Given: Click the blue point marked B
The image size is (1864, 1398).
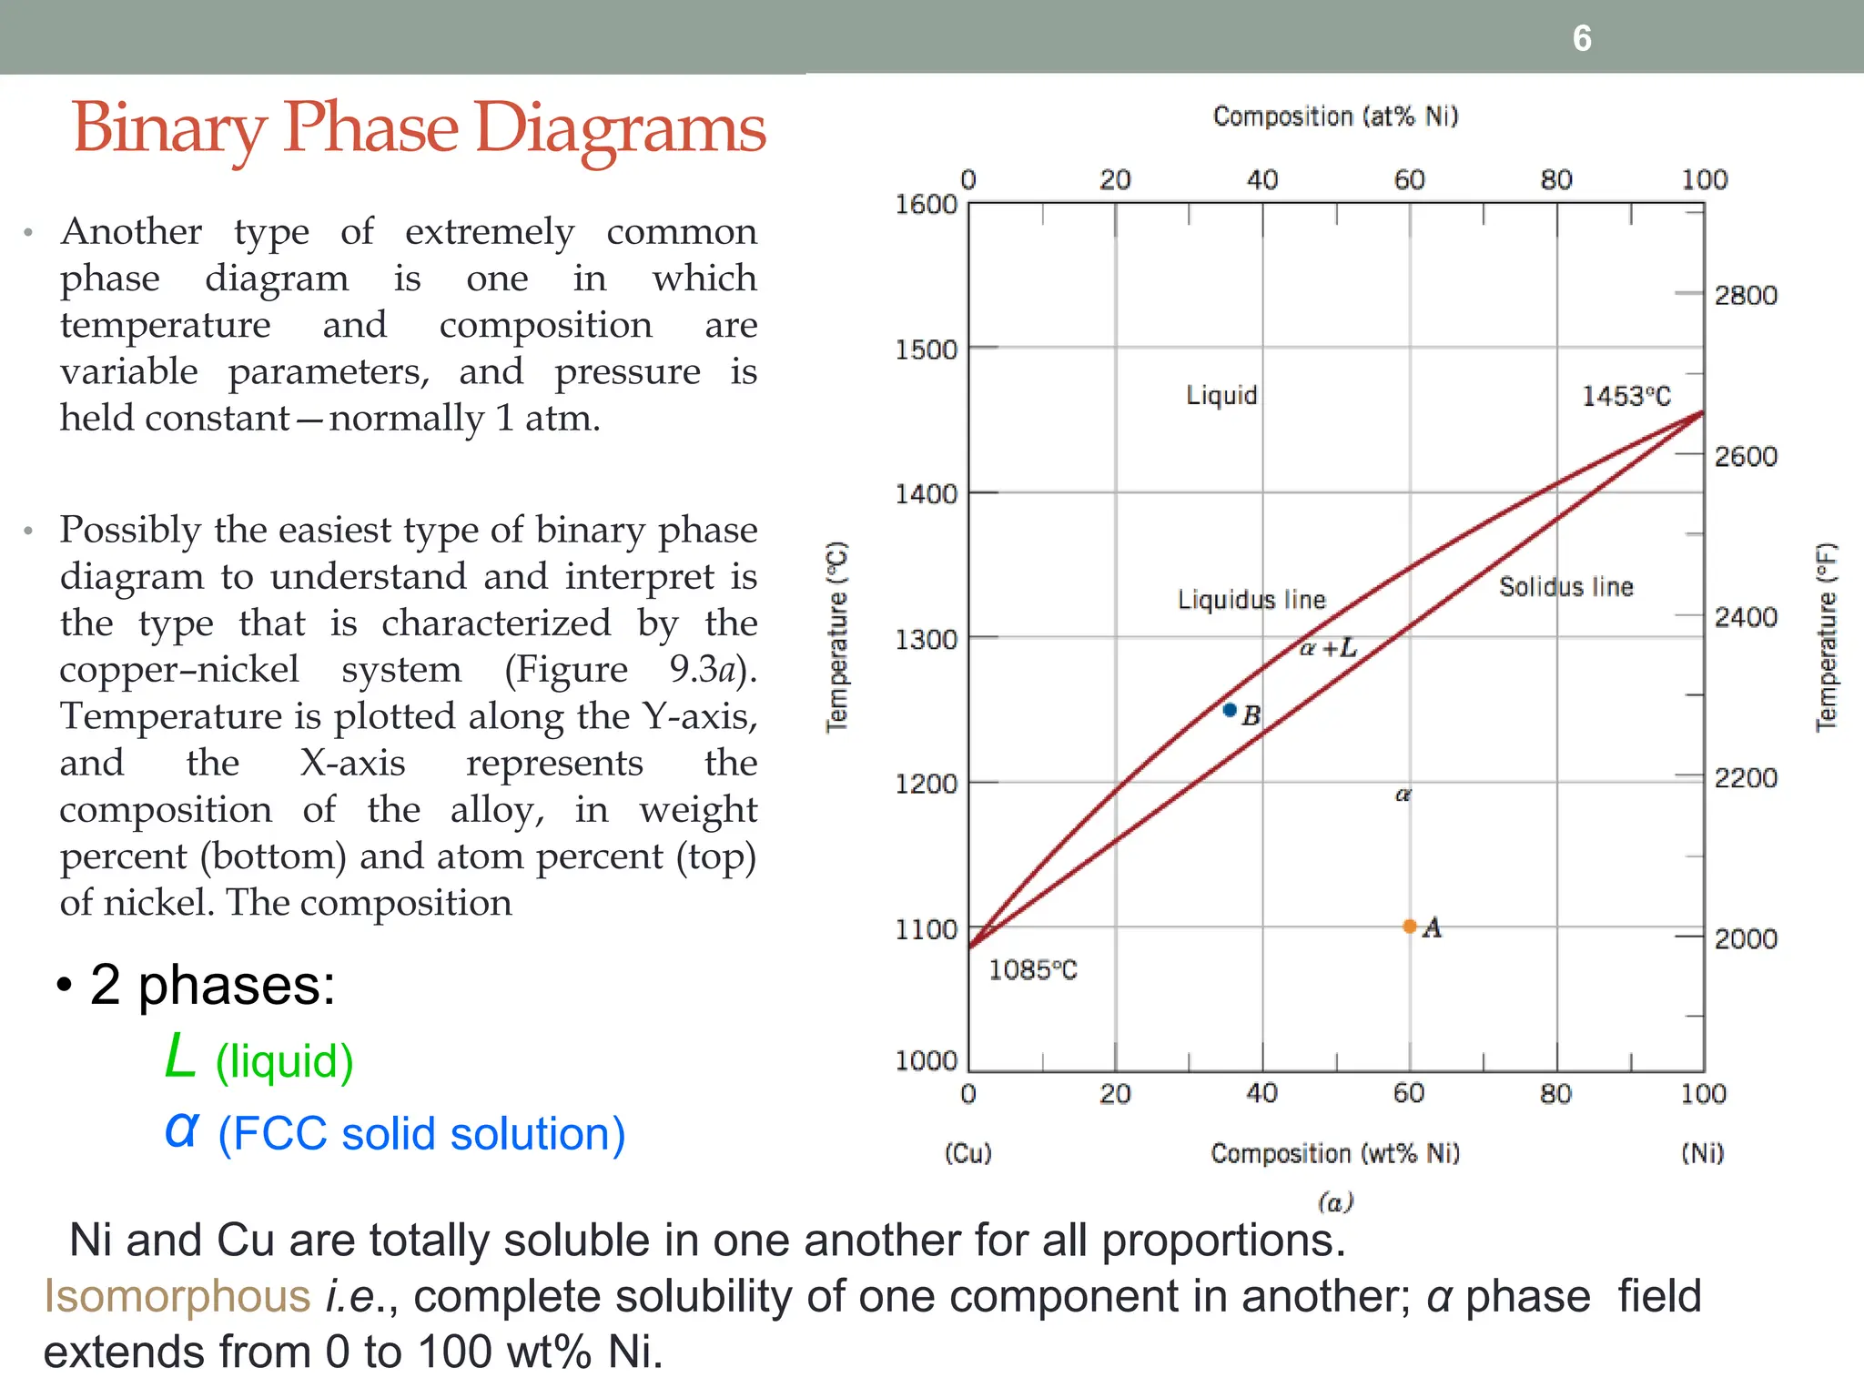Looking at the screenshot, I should [x=1230, y=710].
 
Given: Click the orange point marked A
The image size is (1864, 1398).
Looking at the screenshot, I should [x=1409, y=927].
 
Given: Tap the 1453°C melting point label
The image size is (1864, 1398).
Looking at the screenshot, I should [x=1626, y=396].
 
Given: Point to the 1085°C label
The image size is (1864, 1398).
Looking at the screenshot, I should [x=1032, y=970].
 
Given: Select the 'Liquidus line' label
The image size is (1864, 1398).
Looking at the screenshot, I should [x=1251, y=600].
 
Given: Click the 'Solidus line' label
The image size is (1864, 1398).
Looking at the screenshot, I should [x=1565, y=587].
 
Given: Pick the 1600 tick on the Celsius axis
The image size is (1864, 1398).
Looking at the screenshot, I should [x=926, y=204].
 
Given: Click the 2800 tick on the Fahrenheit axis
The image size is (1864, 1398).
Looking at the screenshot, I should [x=1746, y=295].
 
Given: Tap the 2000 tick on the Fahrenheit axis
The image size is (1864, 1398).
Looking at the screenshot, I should [x=1746, y=938].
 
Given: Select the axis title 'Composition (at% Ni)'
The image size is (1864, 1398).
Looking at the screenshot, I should [x=1335, y=116].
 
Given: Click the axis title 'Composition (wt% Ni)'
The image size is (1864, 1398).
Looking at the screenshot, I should [x=1335, y=1153].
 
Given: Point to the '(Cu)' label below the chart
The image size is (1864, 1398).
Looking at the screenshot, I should [x=967, y=1153].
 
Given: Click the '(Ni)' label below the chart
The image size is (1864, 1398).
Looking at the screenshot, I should [x=1702, y=1153].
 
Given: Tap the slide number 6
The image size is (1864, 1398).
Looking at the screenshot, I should [x=1582, y=38].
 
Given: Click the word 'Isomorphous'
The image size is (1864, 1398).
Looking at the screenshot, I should [x=177, y=1296].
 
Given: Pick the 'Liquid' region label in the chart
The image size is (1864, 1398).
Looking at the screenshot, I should [x=1221, y=395].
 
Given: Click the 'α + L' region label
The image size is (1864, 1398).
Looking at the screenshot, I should [x=1328, y=648].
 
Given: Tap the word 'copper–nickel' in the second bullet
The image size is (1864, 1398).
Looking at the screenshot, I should [x=179, y=670].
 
